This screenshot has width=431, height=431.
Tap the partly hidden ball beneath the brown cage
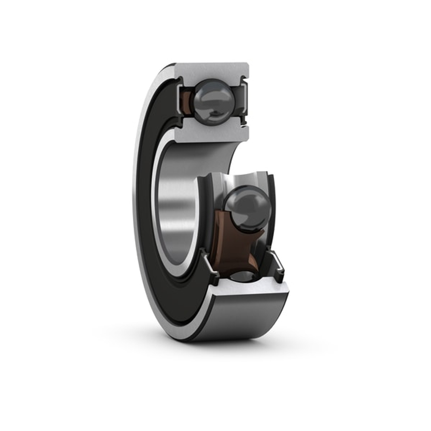[244, 276]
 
